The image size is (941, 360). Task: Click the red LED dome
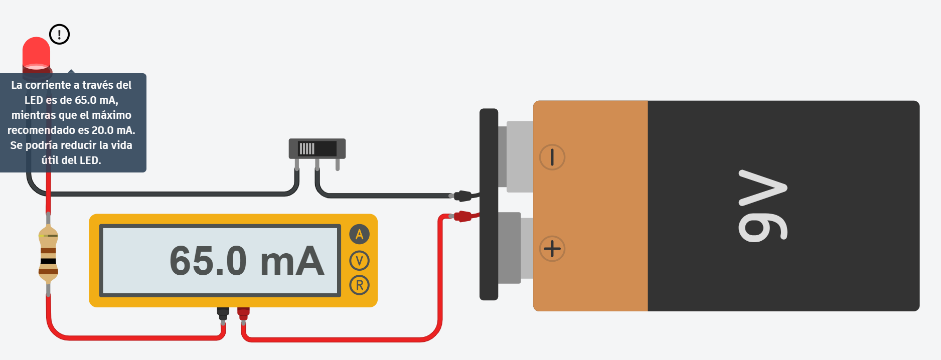[36, 52]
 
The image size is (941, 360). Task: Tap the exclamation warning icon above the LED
[59, 35]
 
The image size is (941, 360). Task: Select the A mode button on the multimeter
[359, 234]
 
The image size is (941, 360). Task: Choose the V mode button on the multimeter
[359, 260]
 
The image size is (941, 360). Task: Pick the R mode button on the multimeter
[359, 285]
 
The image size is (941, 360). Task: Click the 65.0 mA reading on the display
[247, 261]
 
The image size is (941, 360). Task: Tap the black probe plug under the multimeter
[223, 313]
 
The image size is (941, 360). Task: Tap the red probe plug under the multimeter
[243, 313]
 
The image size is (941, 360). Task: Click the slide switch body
[317, 148]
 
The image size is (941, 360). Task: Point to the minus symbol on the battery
[552, 157]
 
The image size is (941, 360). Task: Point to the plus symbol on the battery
[552, 249]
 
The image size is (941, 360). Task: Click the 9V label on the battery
[762, 206]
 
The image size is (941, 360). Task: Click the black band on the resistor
[48, 261]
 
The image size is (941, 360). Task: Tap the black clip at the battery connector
[462, 196]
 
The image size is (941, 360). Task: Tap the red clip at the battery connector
[462, 216]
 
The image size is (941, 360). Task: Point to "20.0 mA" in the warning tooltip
[112, 130]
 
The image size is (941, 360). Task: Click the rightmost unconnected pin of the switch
[338, 165]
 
